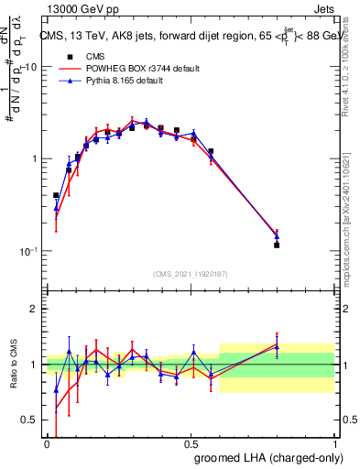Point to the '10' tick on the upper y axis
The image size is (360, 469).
pyautogui.click(x=31, y=68)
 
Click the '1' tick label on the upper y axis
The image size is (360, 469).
pyautogui.click(x=35, y=159)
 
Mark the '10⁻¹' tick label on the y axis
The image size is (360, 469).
pyautogui.click(x=29, y=251)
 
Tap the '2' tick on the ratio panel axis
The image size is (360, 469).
pyautogui.click(x=35, y=310)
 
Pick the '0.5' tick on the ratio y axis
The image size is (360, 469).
pyautogui.click(x=29, y=420)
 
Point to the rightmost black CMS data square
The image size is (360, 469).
pyautogui.click(x=277, y=245)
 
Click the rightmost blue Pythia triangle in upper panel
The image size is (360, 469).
pyautogui.click(x=277, y=237)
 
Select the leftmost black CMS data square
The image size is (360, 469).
pyautogui.click(x=56, y=195)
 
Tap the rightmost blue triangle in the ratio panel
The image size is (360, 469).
pyautogui.click(x=277, y=347)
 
